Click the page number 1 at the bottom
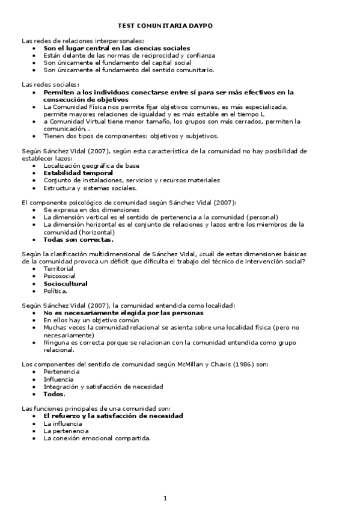click(165, 497)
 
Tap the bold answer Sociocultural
click(66, 283)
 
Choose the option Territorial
click(58, 268)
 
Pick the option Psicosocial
click(59, 275)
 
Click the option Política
click(55, 290)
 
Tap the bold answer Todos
click(54, 394)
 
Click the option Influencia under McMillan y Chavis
click(59, 379)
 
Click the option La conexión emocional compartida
click(97, 438)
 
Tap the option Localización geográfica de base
click(91, 165)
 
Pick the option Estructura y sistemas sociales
click(90, 188)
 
